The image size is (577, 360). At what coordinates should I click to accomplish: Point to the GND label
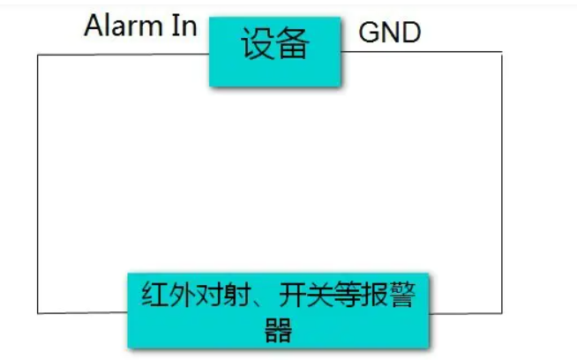pyautogui.click(x=390, y=34)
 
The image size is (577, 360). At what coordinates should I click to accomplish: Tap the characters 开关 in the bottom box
pyautogui.click(x=294, y=297)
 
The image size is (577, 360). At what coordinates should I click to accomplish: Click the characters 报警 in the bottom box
pyautogui.click(x=384, y=297)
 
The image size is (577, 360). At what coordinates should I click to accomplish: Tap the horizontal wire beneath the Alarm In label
pyautogui.click(x=124, y=55)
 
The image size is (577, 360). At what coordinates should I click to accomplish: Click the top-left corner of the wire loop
pyautogui.click(x=37, y=55)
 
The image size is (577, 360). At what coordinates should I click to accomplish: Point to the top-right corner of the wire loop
pyautogui.click(x=502, y=53)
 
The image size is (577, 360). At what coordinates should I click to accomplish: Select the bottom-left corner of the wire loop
pyautogui.click(x=37, y=311)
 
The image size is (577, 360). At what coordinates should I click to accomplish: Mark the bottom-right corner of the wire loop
pyautogui.click(x=502, y=311)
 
